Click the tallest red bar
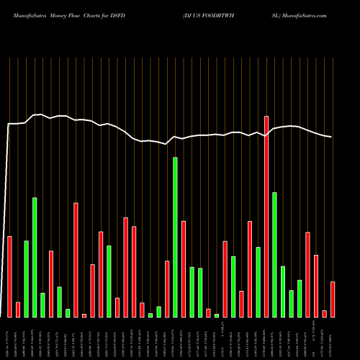point(266,216)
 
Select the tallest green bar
point(175,237)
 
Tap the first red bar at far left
point(10,276)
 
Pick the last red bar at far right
point(333,299)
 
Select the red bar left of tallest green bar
point(167,289)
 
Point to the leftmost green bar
point(27,279)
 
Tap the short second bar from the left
point(18,310)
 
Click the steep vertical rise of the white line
point(7,216)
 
